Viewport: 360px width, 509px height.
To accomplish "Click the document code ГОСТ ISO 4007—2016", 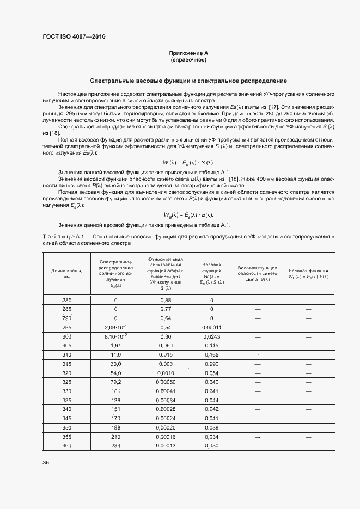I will click(x=74, y=37).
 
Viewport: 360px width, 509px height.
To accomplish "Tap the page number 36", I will click(x=46, y=462).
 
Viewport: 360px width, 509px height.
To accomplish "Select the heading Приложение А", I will click(x=188, y=53).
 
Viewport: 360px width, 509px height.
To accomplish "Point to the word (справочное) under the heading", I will click(x=188, y=60).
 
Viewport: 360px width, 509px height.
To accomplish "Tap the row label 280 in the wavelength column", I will click(x=66, y=300).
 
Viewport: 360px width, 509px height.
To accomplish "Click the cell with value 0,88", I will click(x=166, y=300).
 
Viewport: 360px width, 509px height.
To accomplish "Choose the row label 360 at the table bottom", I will click(x=66, y=446).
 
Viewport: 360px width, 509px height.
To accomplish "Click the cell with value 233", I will click(x=115, y=446).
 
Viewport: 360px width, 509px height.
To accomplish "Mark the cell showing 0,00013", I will click(x=166, y=446).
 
